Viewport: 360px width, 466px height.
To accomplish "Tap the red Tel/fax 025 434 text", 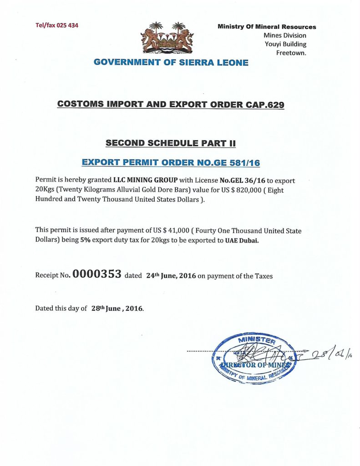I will point(56,25).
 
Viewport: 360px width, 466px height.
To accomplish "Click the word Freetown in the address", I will point(291,53).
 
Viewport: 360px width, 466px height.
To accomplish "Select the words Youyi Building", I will point(285,44).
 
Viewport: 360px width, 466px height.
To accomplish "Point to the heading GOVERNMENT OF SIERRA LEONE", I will point(171,63).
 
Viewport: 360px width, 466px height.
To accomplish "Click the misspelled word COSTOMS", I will point(80,104).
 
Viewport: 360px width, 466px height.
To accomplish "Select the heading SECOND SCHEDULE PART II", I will point(171,143).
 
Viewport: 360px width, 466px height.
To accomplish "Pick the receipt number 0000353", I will point(96,274).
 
